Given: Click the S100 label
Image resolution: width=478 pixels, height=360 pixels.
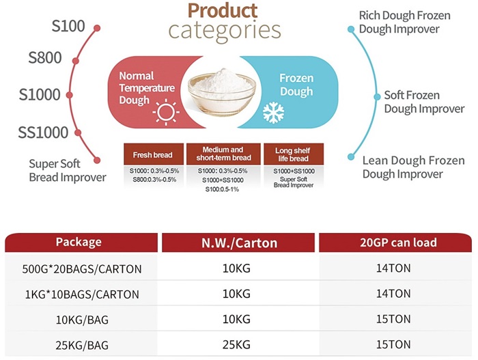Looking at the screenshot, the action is click(x=68, y=26).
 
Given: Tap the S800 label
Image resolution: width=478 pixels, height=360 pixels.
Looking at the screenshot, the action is click(x=45, y=57).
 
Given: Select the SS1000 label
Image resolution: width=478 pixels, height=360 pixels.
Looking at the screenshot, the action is click(x=43, y=133).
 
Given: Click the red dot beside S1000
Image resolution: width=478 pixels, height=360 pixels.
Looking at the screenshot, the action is click(x=70, y=95).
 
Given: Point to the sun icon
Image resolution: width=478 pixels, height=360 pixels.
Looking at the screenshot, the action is click(x=166, y=112).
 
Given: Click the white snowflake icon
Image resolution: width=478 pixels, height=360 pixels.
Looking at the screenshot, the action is click(x=273, y=113).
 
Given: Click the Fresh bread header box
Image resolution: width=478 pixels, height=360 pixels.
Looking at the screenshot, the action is click(x=154, y=154).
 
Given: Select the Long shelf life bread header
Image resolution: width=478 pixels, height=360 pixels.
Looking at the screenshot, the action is click(x=294, y=154).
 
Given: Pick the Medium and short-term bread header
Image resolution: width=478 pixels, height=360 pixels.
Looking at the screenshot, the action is click(x=223, y=154).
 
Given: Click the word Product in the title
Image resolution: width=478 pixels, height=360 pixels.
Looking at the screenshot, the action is click(x=223, y=11).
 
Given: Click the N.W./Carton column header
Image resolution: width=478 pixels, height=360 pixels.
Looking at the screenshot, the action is click(x=238, y=243).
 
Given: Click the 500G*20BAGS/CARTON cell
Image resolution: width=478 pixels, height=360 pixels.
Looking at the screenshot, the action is click(x=82, y=269).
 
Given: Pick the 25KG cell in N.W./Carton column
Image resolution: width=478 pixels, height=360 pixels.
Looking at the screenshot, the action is click(x=236, y=345).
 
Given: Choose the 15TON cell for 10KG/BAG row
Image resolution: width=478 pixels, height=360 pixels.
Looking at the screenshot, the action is click(x=393, y=319).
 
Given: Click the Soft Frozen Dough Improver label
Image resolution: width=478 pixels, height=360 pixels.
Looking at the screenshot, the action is click(x=424, y=102).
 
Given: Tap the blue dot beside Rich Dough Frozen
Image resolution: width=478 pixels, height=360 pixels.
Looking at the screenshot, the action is click(x=351, y=29).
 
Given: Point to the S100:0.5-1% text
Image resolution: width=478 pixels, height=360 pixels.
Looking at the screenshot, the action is click(x=222, y=189).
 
